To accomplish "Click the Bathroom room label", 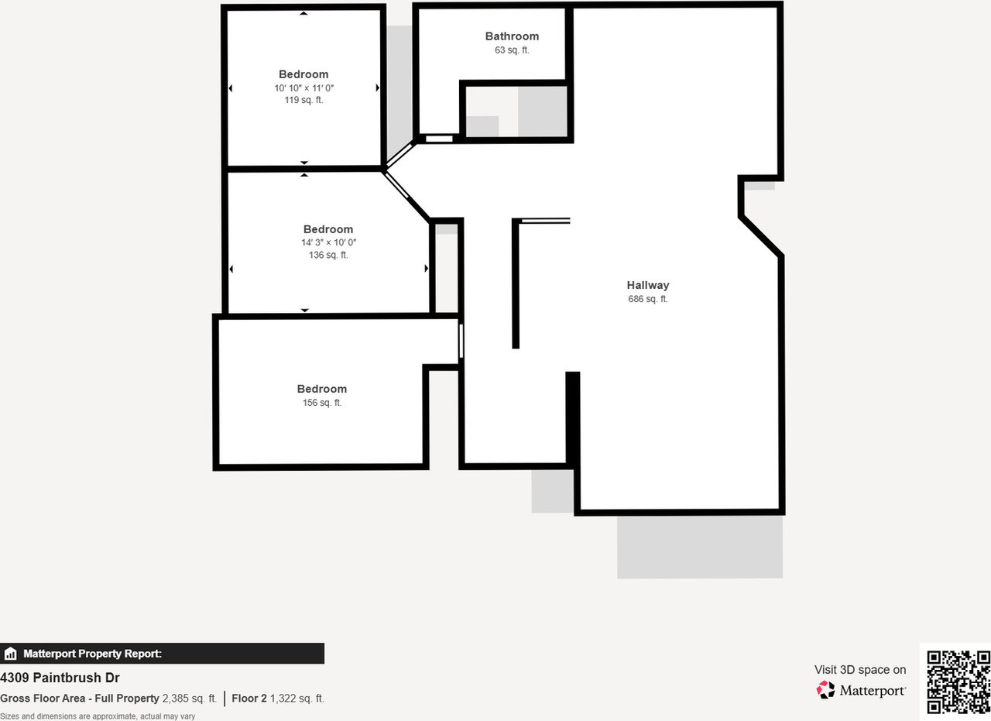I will [x=512, y=36].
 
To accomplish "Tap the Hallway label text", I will [x=648, y=285].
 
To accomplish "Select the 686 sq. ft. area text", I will [x=648, y=299].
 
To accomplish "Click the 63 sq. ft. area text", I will [x=512, y=50].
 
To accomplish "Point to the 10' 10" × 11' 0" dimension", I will [x=303, y=88].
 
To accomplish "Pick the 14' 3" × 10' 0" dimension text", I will [x=328, y=242].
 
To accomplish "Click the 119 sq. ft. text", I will [x=303, y=101].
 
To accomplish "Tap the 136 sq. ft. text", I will [x=328, y=256].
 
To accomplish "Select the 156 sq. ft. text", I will [x=322, y=403].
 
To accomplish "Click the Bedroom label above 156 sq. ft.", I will [x=322, y=389].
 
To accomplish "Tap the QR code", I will [x=958, y=682].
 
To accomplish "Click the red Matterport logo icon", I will [x=826, y=689].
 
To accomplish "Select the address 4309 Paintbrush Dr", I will [x=60, y=678].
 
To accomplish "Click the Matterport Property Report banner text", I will [x=92, y=654].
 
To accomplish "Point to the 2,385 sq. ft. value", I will [x=190, y=699].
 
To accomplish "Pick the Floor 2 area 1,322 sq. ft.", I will [x=297, y=699].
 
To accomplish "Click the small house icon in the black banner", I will [x=10, y=654].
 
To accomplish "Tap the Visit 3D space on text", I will [x=859, y=670].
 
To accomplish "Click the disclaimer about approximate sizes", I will [x=98, y=716].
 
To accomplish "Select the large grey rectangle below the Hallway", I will [x=699, y=547].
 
